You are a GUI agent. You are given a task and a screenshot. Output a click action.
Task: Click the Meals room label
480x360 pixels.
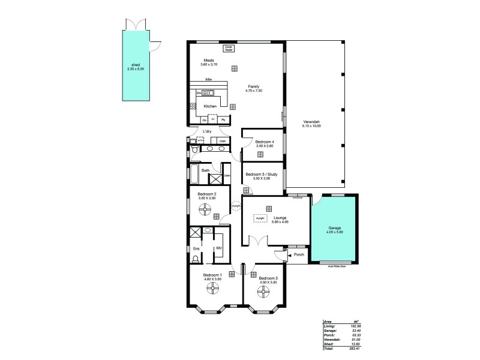pos(209,61)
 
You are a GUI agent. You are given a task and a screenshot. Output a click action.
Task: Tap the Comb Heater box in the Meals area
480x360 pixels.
pos(229,47)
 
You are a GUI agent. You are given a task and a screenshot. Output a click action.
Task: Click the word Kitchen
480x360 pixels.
pos(210,106)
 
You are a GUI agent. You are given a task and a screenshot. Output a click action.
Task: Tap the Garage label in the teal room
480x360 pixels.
pos(334,228)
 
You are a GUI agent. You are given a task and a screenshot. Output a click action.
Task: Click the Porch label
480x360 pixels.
pos(299,254)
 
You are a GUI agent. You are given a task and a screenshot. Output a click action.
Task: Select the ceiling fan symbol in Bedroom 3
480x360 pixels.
pos(263,292)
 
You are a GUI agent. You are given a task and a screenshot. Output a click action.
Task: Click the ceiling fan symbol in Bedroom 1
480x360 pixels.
pos(212,290)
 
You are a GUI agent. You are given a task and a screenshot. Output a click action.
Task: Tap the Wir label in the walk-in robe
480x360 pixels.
pos(219,248)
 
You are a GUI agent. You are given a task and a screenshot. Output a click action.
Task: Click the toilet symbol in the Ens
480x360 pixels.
pos(195,260)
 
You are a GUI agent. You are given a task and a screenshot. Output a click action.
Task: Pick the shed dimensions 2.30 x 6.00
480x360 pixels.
pos(136,69)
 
